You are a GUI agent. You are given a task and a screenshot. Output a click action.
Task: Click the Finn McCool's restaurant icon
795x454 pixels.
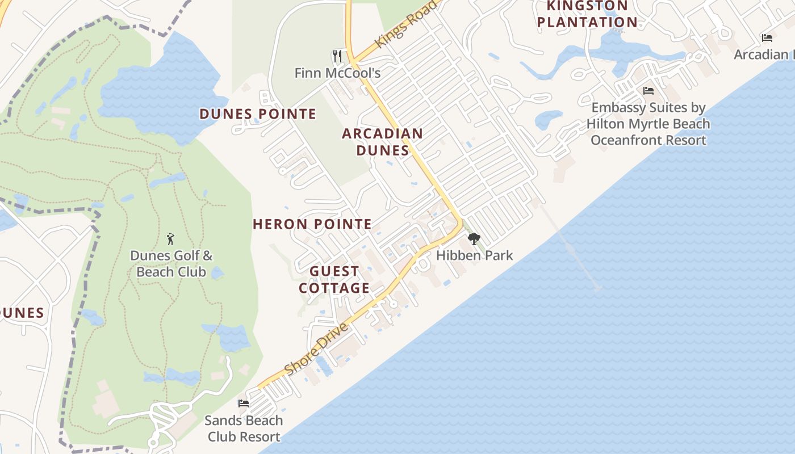(x=338, y=56)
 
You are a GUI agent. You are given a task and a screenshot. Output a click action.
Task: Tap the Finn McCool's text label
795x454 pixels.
(x=337, y=73)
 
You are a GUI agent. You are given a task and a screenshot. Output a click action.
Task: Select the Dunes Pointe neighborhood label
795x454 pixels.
(x=258, y=114)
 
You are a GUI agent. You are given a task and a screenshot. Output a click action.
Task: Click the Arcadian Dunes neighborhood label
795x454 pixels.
(x=382, y=142)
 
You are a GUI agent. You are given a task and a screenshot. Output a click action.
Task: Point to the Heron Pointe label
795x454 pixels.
(x=312, y=224)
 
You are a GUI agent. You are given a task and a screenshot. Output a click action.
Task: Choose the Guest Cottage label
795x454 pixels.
(x=334, y=280)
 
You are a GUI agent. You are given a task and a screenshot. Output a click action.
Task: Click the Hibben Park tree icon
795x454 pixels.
(x=474, y=239)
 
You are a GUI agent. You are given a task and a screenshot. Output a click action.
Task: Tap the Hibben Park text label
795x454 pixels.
(x=474, y=255)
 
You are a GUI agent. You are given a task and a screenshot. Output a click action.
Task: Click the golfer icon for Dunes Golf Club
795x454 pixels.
(x=170, y=239)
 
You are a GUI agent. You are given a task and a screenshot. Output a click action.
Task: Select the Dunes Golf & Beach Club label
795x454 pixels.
(x=171, y=264)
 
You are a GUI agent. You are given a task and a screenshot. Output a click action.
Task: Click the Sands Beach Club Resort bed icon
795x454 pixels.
(x=244, y=403)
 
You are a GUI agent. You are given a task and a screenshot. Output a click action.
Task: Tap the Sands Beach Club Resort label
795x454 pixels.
(x=244, y=428)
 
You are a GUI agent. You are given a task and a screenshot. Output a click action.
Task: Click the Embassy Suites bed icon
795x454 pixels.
(x=648, y=91)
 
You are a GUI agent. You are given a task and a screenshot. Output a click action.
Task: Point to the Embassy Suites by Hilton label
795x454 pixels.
(x=648, y=124)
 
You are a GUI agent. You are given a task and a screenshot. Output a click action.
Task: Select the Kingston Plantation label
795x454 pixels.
(x=587, y=14)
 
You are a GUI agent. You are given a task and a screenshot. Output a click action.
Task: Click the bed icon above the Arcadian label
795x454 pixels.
(x=767, y=38)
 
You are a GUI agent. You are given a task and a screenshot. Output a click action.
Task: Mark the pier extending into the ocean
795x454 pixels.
(x=571, y=250)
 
